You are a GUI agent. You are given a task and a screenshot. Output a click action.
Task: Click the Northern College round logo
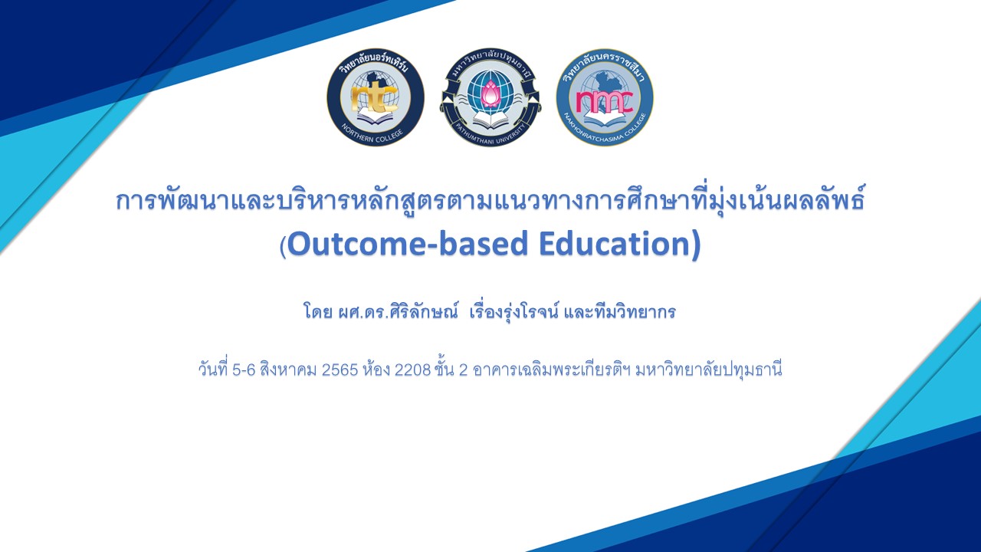coord(376,97)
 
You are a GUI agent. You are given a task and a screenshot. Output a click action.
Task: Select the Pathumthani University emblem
coord(490,97)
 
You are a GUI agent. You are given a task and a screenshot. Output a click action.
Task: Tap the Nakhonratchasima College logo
coord(605,97)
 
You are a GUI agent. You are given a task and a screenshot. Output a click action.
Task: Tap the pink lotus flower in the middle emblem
coord(490,95)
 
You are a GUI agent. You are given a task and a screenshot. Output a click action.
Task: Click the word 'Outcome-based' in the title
coord(407,244)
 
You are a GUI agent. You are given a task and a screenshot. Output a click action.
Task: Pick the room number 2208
coord(412,370)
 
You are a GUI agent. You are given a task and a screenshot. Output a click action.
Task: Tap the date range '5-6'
coord(244,370)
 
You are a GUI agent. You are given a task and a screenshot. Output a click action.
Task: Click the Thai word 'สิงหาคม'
coord(287,370)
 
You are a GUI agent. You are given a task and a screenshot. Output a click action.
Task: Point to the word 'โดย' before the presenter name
coord(317,313)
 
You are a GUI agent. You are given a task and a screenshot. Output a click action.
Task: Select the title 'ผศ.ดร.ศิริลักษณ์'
coord(398,313)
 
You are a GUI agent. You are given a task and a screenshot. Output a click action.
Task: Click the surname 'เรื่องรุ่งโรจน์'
coord(513,313)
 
